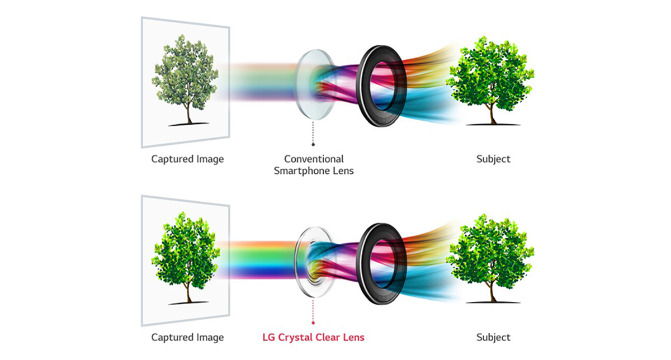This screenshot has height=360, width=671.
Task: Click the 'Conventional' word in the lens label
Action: click(314, 159)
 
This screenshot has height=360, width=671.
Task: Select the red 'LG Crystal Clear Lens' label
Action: click(313, 337)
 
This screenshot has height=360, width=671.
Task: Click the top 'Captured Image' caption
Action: click(187, 159)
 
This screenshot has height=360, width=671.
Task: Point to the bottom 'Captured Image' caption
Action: click(187, 338)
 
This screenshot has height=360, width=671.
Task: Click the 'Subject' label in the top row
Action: click(493, 159)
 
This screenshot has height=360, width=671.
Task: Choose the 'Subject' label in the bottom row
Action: click(493, 338)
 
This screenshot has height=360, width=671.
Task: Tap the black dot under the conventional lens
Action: click(313, 144)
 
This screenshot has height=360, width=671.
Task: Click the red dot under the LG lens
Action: click(313, 323)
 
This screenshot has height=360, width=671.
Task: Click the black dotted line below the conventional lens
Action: click(313, 132)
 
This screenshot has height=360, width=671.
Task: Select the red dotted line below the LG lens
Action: click(313, 310)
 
